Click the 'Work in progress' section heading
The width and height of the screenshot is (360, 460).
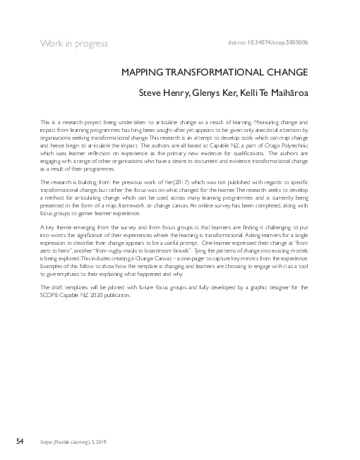click(73, 43)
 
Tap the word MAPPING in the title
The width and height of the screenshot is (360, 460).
click(143, 72)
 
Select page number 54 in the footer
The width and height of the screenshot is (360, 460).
click(20, 441)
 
